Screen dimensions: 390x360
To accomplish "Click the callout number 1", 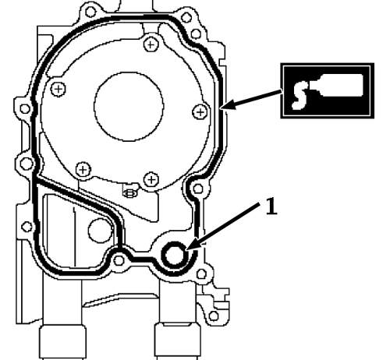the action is tap(271, 206).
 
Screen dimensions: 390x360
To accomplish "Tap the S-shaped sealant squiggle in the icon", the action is tap(300, 95).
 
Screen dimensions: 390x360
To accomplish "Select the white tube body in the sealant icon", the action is tap(341, 85).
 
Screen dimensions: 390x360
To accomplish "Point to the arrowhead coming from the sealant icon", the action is tap(228, 105).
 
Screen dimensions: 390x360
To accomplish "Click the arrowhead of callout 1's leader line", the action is tap(192, 245).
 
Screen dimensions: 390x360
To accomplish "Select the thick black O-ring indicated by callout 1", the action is tap(175, 255).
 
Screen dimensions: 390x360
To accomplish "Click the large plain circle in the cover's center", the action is tap(129, 107).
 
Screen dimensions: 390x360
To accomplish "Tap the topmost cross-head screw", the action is tap(151, 45).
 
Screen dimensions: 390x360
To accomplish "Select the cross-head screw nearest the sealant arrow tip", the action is tap(200, 112).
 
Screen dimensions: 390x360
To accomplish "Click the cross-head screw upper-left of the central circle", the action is tap(58, 89).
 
